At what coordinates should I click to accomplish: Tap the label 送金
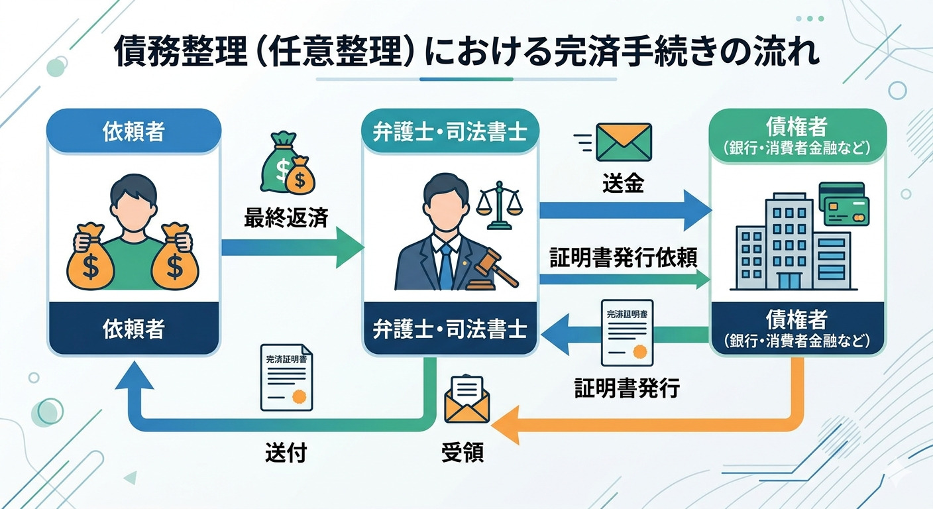tap(623, 184)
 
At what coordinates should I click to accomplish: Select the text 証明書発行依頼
tap(623, 258)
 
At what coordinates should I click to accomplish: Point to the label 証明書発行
tap(626, 388)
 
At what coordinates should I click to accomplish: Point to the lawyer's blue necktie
tap(447, 265)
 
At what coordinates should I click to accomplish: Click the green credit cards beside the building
tap(844, 203)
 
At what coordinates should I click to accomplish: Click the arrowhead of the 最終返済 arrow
tap(349, 247)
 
